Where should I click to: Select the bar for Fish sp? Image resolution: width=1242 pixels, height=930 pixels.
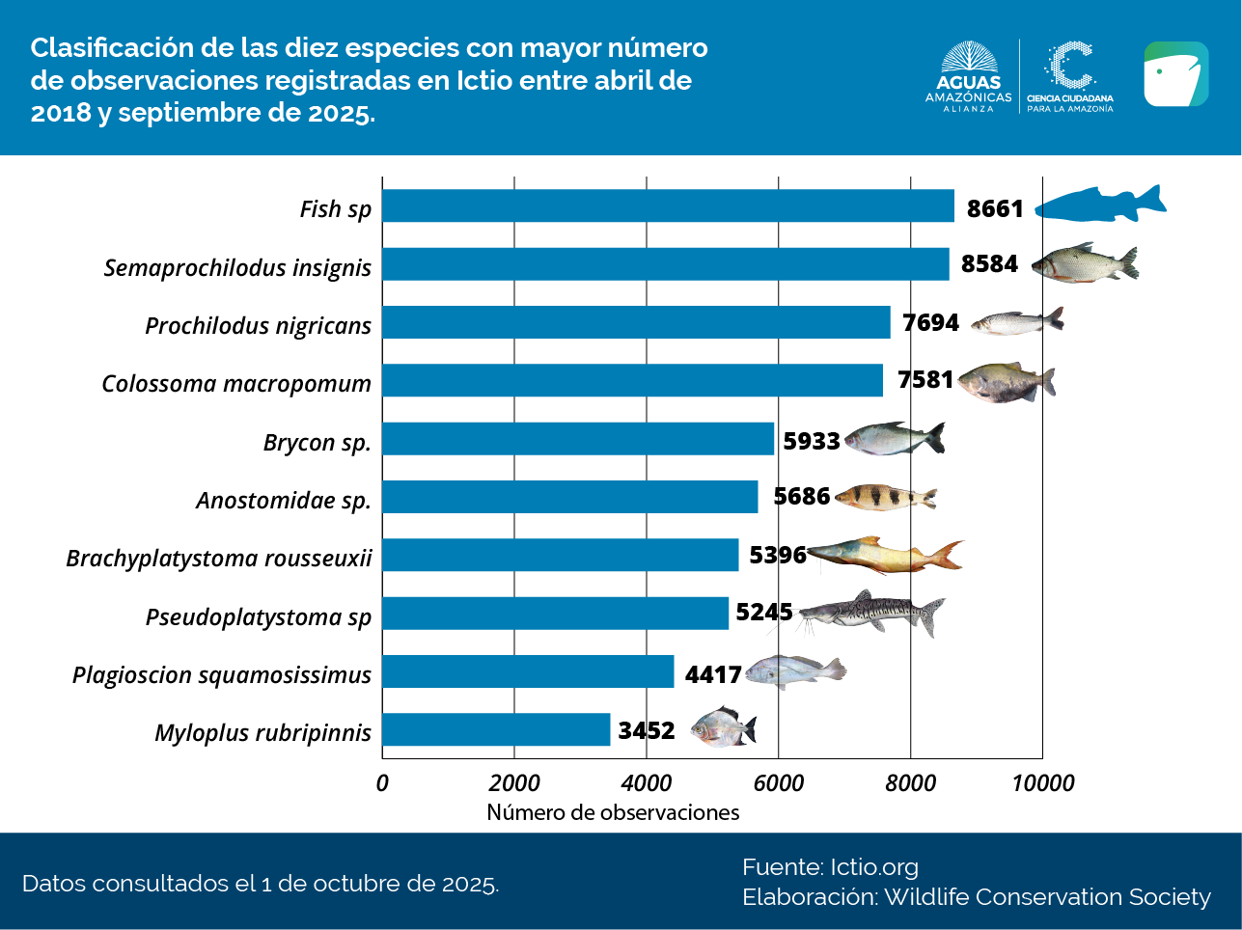click(668, 205)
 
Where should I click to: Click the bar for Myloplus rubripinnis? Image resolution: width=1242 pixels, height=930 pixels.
click(496, 729)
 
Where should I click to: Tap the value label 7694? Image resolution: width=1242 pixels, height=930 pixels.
click(931, 322)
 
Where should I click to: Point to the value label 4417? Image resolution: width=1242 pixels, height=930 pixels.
click(713, 673)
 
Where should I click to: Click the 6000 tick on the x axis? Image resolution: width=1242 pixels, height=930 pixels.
click(778, 782)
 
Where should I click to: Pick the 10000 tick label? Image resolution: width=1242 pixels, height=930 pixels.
click(1042, 782)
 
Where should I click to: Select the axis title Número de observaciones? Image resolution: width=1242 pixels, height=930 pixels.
click(613, 812)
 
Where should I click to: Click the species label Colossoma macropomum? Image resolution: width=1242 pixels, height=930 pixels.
click(236, 383)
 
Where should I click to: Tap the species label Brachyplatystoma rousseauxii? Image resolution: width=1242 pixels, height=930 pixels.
click(219, 558)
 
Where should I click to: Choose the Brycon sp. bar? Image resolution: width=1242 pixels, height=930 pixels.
click(578, 438)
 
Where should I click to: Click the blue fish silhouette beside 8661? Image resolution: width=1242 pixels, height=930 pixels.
click(1101, 204)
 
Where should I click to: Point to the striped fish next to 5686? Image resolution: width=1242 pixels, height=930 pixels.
click(885, 497)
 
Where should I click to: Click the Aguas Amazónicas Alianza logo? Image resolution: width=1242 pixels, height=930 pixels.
click(968, 77)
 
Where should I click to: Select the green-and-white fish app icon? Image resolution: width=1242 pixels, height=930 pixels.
click(1175, 74)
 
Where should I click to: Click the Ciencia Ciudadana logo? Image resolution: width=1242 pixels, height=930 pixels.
click(1069, 77)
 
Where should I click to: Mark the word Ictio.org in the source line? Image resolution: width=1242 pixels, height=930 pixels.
click(874, 866)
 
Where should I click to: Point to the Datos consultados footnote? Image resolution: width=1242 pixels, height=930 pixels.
click(261, 884)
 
